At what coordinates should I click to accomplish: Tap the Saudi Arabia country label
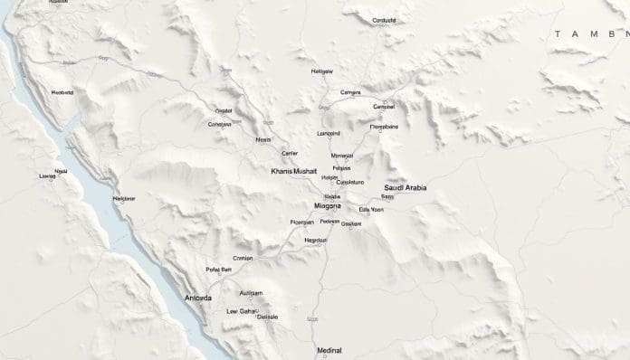(406, 187)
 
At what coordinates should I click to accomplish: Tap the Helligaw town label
(322, 71)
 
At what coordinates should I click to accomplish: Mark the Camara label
(350, 92)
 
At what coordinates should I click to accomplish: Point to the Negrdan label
(316, 240)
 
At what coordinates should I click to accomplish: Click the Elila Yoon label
(371, 210)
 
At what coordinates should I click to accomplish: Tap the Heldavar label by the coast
(124, 197)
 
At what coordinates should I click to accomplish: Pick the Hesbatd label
(62, 92)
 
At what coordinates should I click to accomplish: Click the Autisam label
(251, 293)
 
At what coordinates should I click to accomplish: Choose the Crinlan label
(243, 258)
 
